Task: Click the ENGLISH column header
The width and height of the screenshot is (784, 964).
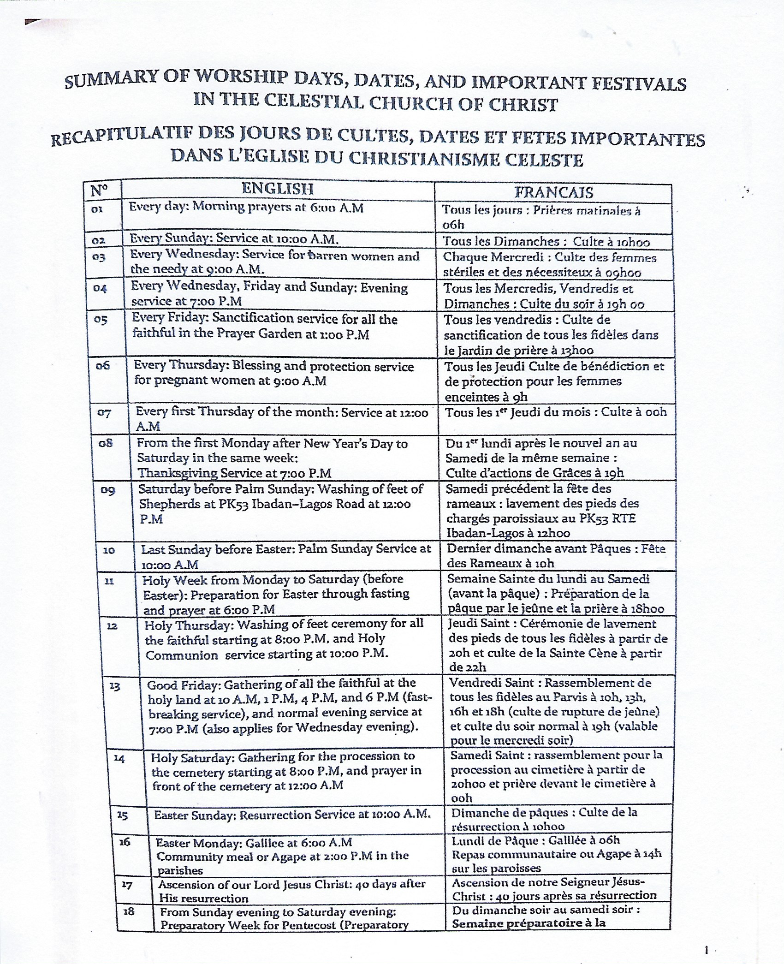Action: [278, 189]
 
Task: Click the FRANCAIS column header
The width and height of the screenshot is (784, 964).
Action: [553, 192]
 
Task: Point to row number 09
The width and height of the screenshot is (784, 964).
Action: [108, 490]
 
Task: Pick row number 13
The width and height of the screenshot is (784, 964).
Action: [115, 686]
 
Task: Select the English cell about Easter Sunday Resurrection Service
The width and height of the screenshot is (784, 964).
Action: [292, 815]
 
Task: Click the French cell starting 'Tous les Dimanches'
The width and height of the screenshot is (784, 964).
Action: [546, 242]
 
